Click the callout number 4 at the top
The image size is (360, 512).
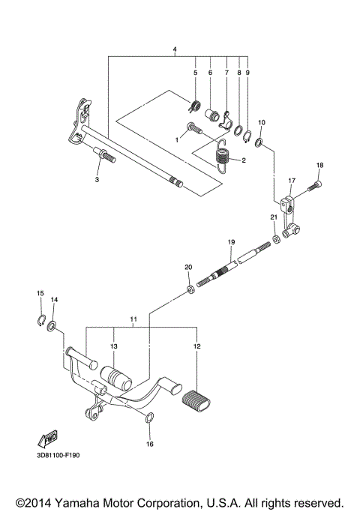coord(175,49)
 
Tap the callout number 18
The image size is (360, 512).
coord(319,166)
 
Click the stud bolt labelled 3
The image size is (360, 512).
coord(103,157)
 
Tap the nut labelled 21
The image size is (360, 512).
coord(276,238)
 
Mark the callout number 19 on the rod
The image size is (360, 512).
coord(232,242)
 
